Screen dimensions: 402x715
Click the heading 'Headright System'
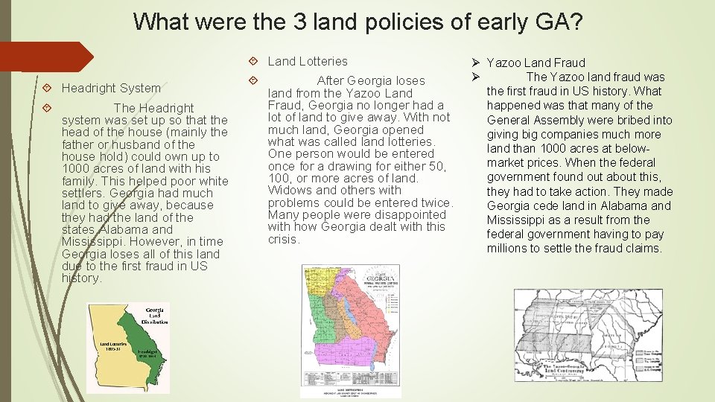pyautogui.click(x=111, y=88)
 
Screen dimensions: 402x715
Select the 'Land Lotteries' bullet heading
pyautogui.click(x=308, y=61)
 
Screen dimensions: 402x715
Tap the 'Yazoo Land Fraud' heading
pyautogui.click(x=536, y=63)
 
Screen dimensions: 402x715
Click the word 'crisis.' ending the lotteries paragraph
pyautogui.click(x=284, y=240)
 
